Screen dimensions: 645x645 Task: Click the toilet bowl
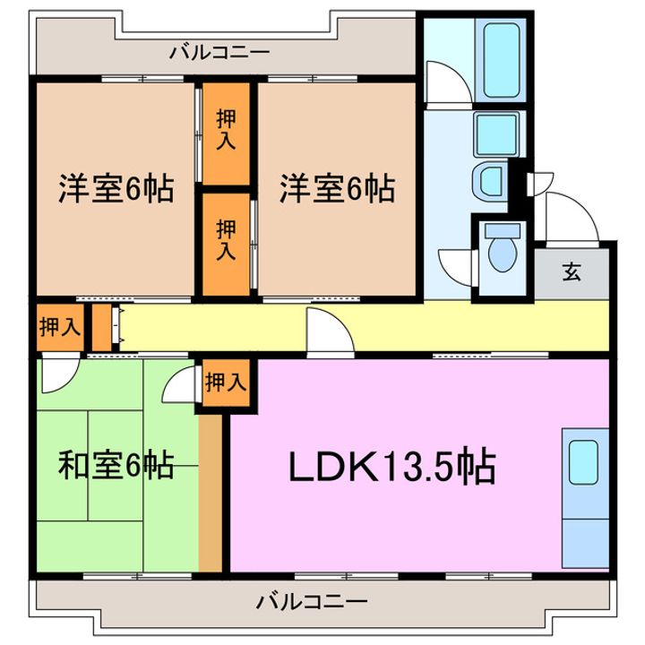click(x=502, y=252)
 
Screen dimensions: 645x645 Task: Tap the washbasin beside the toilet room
click(x=491, y=183)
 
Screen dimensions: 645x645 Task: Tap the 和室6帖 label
click(x=116, y=466)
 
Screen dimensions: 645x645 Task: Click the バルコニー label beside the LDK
click(x=311, y=600)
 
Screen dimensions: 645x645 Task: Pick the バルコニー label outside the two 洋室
click(x=219, y=53)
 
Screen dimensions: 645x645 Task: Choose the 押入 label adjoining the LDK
click(x=225, y=383)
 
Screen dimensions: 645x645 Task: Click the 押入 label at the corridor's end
click(x=60, y=328)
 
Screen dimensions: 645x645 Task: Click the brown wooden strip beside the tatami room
click(x=210, y=493)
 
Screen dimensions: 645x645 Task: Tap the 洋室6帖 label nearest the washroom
click(x=337, y=189)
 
